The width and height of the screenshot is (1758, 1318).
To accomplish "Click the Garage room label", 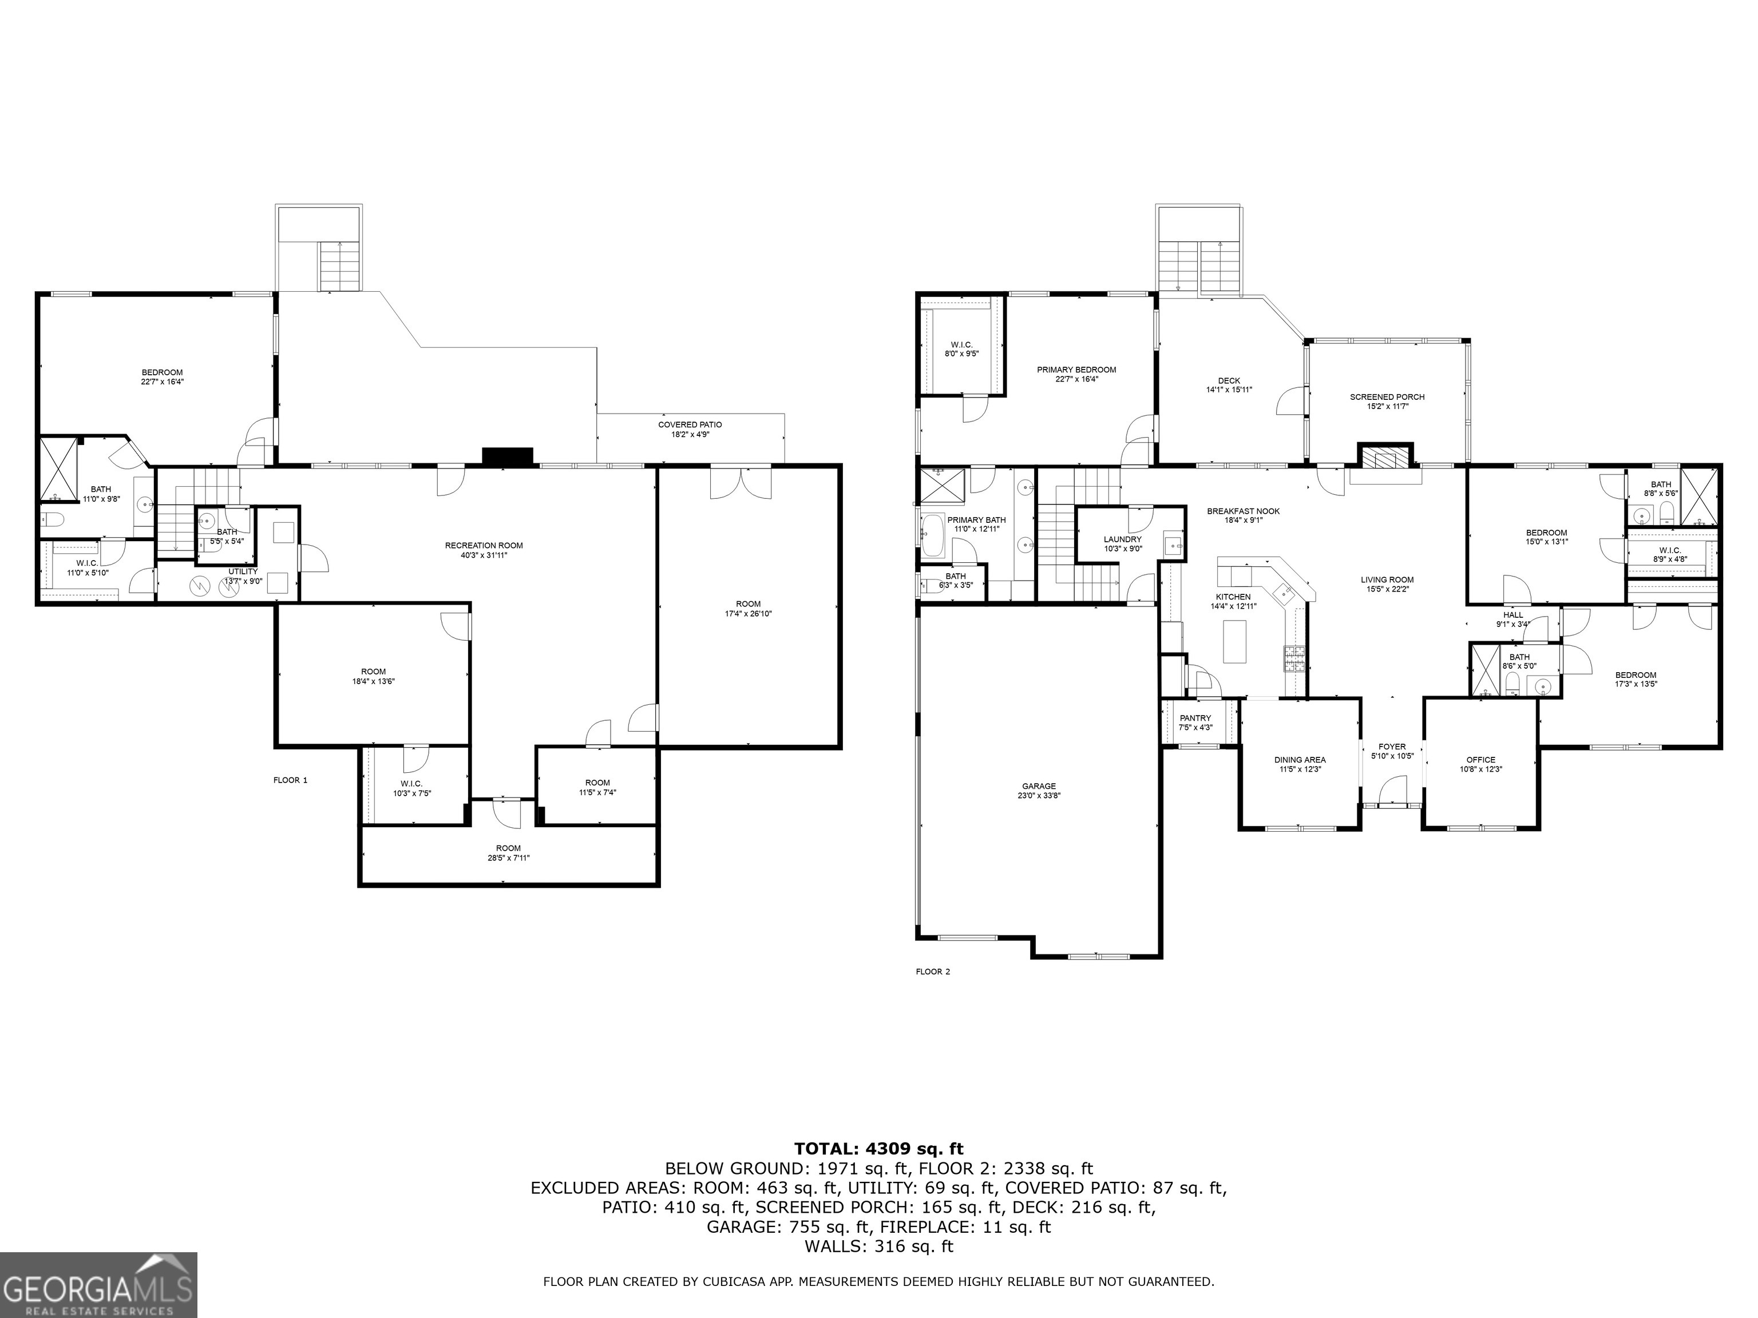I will pyautogui.click(x=1039, y=791).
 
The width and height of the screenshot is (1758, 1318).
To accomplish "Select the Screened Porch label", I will pyautogui.click(x=1387, y=401).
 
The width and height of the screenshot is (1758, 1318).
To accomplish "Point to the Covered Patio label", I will pyautogui.click(x=689, y=429).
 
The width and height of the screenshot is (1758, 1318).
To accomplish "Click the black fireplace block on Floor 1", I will pyautogui.click(x=507, y=456).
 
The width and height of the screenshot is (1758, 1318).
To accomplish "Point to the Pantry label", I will pyautogui.click(x=1195, y=722).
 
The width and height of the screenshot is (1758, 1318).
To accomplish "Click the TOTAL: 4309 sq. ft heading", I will pyautogui.click(x=878, y=1149).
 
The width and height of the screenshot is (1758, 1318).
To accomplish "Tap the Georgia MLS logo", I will pyautogui.click(x=98, y=1285).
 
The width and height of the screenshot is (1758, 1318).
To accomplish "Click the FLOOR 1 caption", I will pyautogui.click(x=290, y=780).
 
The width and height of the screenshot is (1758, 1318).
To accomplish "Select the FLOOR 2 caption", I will pyautogui.click(x=932, y=971).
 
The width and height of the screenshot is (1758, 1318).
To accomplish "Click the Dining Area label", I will pyautogui.click(x=1300, y=764).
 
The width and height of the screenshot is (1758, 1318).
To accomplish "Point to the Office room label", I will pyautogui.click(x=1480, y=764).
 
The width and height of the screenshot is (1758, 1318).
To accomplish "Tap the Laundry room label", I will pyautogui.click(x=1122, y=543).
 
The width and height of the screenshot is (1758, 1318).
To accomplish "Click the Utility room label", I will pyautogui.click(x=243, y=575).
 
